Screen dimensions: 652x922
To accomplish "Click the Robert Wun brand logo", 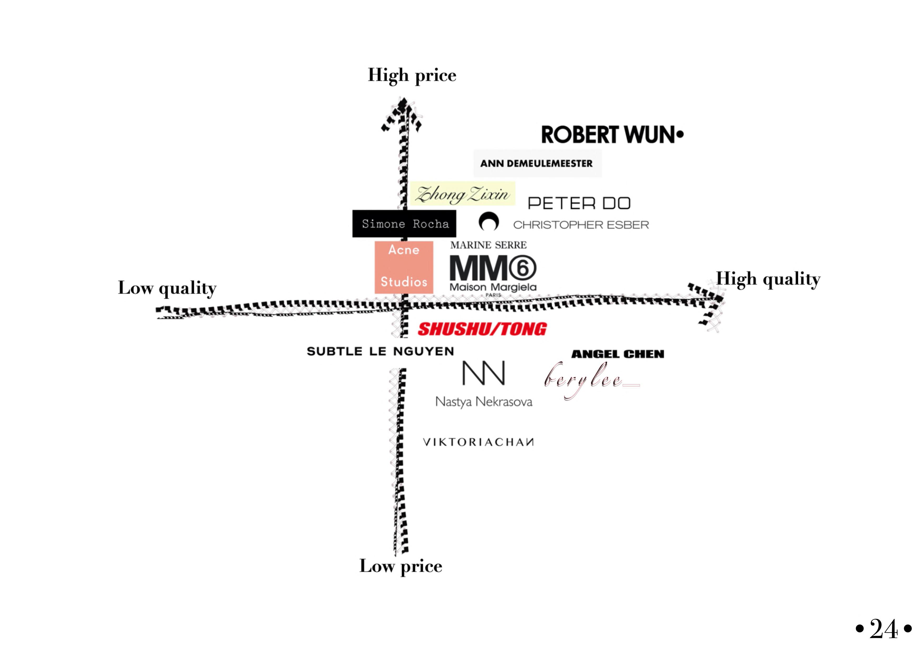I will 612,135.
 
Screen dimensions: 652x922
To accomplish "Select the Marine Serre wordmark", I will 488,245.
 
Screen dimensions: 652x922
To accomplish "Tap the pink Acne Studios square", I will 404,267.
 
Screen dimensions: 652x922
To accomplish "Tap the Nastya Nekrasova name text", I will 484,402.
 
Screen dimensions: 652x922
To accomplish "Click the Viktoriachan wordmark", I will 478,442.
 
